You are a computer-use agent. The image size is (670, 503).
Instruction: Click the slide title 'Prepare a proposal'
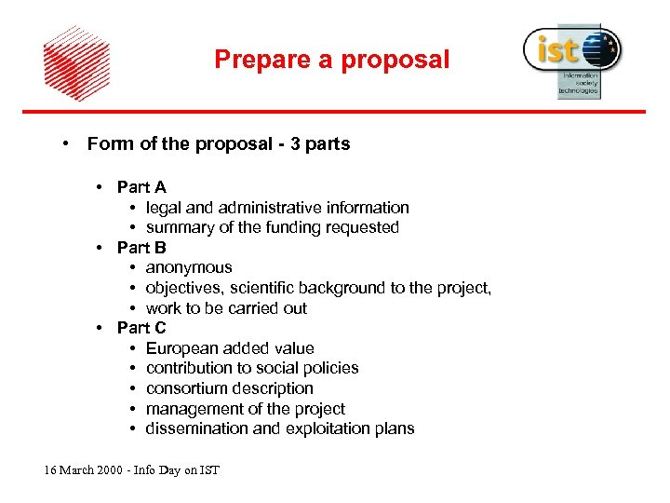331,61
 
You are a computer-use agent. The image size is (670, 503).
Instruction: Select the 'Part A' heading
141,187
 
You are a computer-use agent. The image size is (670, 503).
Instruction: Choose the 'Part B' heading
141,248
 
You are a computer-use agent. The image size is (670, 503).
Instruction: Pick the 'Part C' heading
141,328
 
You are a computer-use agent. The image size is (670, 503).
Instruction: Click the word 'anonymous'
189,267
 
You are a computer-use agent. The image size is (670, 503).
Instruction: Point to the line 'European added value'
230,348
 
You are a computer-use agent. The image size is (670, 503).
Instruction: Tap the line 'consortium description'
229,388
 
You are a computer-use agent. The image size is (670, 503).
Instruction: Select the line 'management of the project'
245,409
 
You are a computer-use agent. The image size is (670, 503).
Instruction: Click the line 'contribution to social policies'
251,368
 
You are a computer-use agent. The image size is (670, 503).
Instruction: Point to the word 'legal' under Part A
164,208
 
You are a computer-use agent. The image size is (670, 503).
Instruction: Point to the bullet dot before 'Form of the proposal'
66,144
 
